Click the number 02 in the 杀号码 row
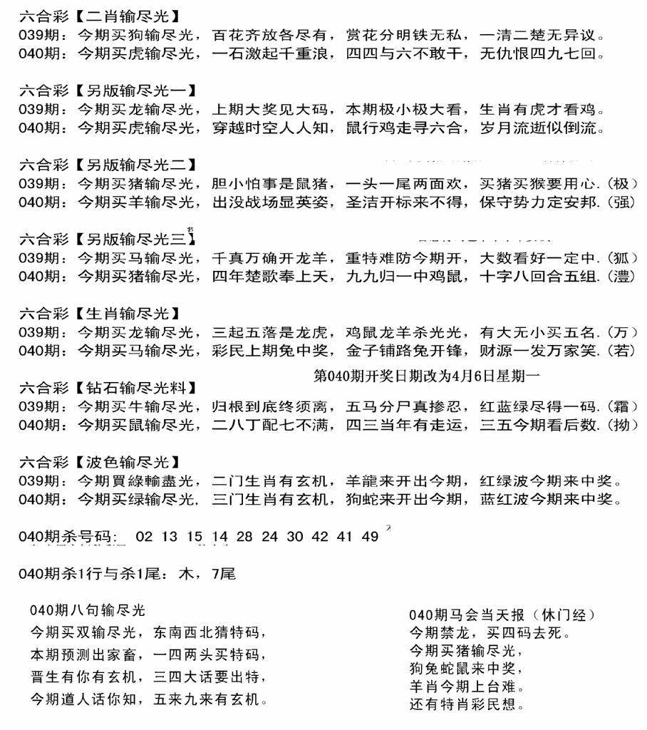pyautogui.click(x=144, y=536)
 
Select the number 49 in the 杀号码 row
pyautogui.click(x=370, y=536)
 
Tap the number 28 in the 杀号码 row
pyautogui.click(x=244, y=536)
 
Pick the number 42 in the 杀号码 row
pyautogui.click(x=320, y=536)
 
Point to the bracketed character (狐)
pyautogui.click(x=624, y=258)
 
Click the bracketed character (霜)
pyautogui.click(x=624, y=407)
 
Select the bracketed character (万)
pyautogui.click(x=624, y=331)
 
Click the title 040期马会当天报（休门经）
pyautogui.click(x=502, y=615)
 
